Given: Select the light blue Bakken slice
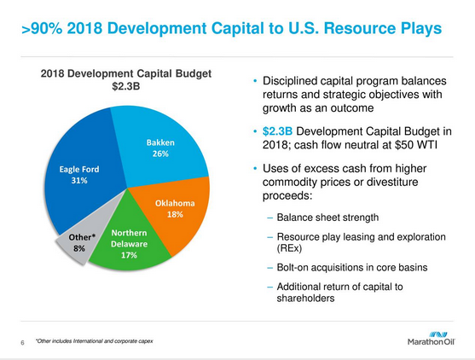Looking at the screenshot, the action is click(x=160, y=146).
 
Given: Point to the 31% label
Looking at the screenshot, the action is click(x=79, y=181).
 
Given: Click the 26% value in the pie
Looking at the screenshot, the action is click(x=160, y=154).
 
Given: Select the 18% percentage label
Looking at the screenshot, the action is click(x=175, y=214).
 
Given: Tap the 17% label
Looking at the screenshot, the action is click(x=129, y=255).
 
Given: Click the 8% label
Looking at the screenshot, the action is click(x=79, y=248).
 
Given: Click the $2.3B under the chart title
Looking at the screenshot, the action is click(x=125, y=87).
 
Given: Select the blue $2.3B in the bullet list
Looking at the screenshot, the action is click(x=277, y=131).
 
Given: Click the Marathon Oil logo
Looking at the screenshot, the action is click(x=431, y=339).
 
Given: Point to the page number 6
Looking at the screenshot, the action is click(x=22, y=343).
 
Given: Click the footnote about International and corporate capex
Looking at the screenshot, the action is click(x=94, y=341).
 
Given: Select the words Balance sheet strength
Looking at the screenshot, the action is click(x=327, y=218).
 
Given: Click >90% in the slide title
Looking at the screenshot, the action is click(x=42, y=28).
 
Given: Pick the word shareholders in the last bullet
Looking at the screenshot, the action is click(x=305, y=299).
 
